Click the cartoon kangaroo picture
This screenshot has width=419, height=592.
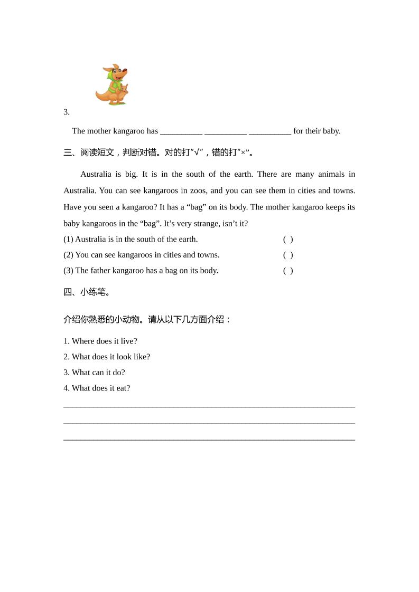coord(113,85)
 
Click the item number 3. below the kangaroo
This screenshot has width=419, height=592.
coord(67,112)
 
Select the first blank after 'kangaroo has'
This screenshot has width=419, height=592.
coord(181,131)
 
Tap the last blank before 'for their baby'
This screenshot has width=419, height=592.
coord(269,131)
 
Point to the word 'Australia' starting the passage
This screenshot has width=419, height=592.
coord(96,174)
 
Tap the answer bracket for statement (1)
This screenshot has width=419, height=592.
coord(288,239)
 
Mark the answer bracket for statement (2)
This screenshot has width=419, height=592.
coord(288,255)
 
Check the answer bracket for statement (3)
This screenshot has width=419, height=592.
coord(288,271)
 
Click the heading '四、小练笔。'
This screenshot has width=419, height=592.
coord(87,292)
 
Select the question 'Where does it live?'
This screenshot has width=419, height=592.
coord(104,341)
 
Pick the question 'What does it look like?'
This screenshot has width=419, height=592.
coord(110,357)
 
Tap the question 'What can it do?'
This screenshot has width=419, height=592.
coord(98,373)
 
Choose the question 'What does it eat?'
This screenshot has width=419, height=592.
coord(100,388)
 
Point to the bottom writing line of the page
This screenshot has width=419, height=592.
coord(209,439)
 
